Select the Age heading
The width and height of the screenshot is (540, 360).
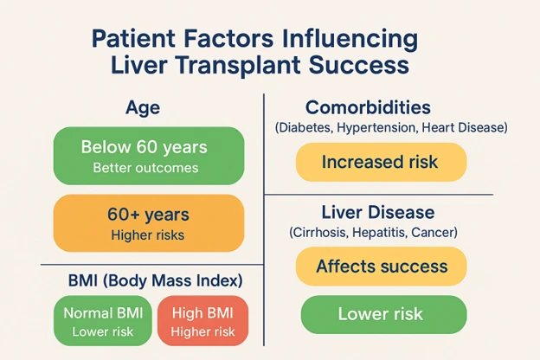pos(144,109)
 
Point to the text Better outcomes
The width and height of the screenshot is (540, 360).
pos(147,168)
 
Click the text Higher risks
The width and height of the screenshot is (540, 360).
pos(147,235)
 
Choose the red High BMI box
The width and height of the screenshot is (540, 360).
pos(202,322)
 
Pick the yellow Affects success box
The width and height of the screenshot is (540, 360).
pos(381,267)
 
